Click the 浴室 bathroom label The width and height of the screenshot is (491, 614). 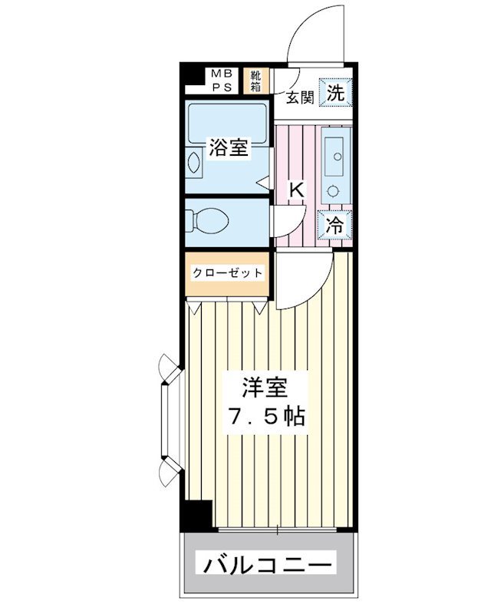coord(229,147)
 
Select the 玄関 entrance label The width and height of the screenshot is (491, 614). coord(300,97)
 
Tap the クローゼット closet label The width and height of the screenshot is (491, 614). coord(227,273)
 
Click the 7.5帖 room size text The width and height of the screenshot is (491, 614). coord(265,417)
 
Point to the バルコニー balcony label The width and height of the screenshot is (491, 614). coord(269,566)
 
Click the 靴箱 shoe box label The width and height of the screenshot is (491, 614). coord(252,81)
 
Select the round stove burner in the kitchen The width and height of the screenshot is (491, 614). coord(333,190)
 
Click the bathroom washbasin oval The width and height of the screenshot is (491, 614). coord(194,163)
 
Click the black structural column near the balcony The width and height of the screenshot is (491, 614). coord(196,514)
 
